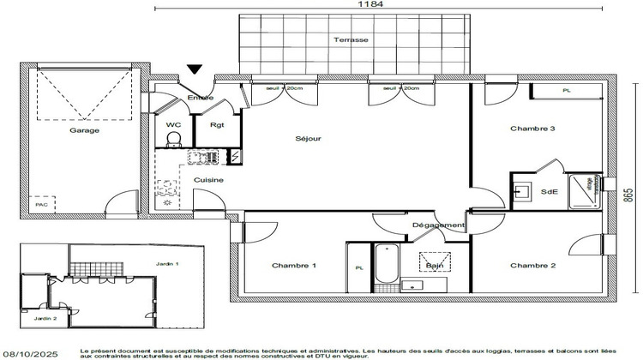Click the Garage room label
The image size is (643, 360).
pos(84,130)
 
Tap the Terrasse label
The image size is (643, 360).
pos(352,40)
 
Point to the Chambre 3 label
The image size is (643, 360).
pos(532,129)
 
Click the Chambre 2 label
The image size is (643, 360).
pos(532,266)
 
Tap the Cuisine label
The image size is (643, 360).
pos(208,179)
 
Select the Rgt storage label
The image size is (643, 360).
pos(216,124)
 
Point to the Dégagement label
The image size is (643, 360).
pos(438,225)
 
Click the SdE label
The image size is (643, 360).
pos(549,191)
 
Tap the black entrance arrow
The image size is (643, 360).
pos(195,70)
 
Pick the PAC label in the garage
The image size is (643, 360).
pos(40,205)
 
